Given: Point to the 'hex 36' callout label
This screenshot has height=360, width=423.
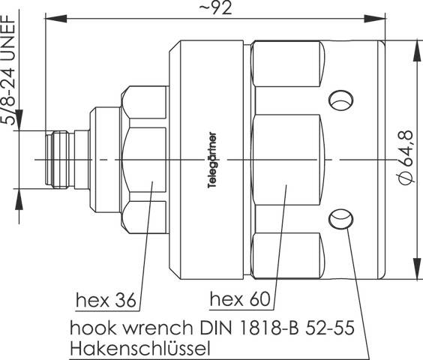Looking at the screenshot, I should tap(106, 301).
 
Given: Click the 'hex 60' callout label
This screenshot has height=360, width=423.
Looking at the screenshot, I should tap(239, 301).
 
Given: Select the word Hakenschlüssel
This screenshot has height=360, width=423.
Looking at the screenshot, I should tap(139, 349).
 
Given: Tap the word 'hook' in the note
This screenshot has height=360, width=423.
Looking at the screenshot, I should tap(88, 328).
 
